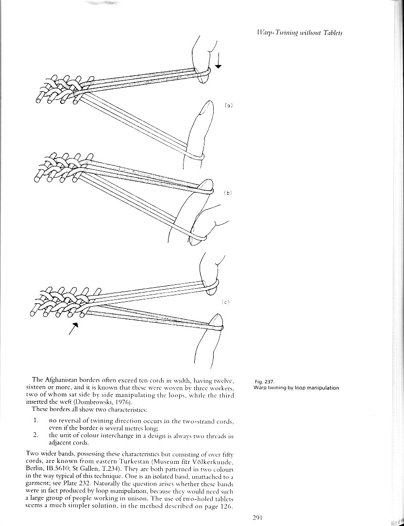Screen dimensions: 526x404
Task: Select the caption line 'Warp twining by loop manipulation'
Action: [296, 387]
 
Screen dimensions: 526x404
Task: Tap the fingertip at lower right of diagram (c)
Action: [216, 320]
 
